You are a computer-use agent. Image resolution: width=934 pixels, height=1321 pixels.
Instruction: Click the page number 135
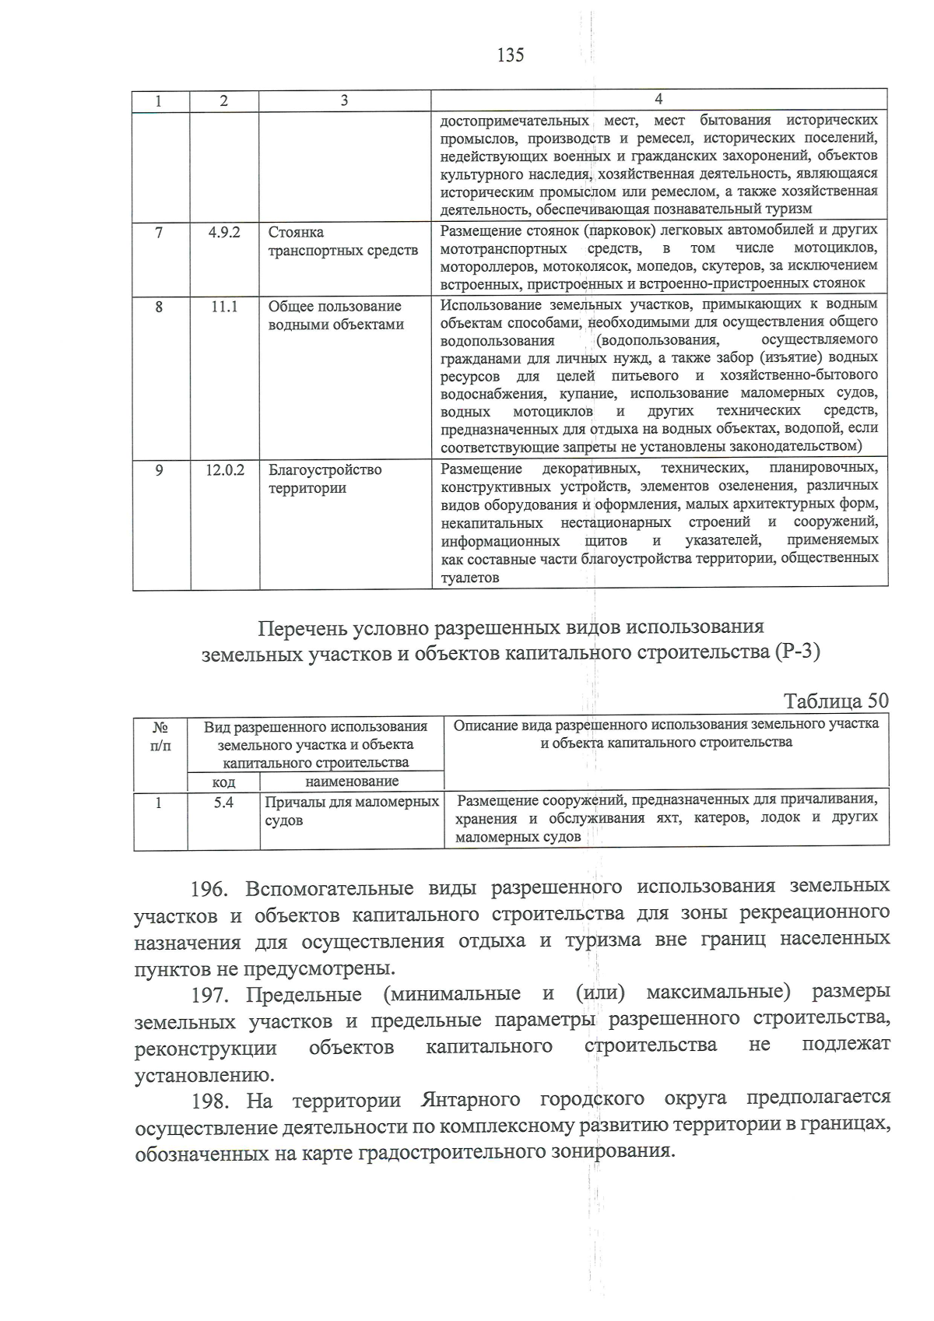[x=510, y=55]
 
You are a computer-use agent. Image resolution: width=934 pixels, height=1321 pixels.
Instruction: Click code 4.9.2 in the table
[x=224, y=232]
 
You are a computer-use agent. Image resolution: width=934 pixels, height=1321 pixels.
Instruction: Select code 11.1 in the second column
[x=224, y=307]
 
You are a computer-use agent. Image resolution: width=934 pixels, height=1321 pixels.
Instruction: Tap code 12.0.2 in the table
[x=224, y=470]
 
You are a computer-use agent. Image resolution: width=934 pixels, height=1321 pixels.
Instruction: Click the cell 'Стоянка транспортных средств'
[x=342, y=241]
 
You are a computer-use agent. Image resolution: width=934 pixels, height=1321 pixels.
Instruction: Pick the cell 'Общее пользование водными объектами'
[x=335, y=315]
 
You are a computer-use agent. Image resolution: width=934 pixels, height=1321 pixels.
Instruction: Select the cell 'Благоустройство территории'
[x=325, y=479]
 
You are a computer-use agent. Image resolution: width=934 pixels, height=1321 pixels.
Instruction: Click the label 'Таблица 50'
[x=835, y=701]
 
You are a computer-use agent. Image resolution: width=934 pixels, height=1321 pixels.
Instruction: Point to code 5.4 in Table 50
[x=223, y=802]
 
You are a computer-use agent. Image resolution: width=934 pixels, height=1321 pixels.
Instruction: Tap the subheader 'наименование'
[x=352, y=781]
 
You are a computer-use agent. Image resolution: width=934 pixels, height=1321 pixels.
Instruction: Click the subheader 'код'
[x=223, y=782]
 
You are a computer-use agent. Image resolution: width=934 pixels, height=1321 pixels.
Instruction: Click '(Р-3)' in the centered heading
[x=798, y=652]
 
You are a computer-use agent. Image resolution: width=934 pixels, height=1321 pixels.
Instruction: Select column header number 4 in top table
[x=658, y=99]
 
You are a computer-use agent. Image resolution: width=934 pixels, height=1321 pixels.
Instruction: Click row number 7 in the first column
[x=160, y=232]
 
